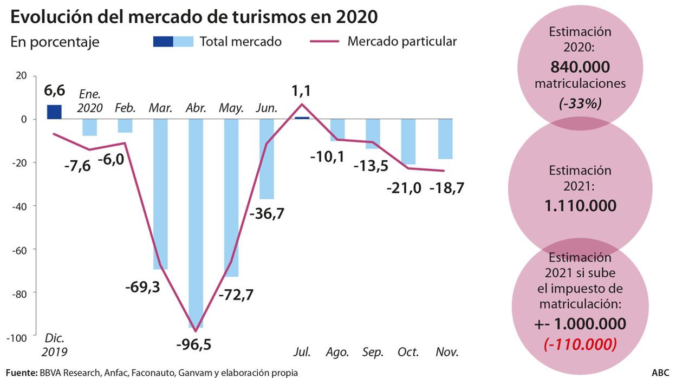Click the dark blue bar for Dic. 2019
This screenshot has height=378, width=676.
(x=54, y=112)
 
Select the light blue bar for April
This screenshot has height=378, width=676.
(x=196, y=222)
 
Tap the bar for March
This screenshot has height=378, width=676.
(x=160, y=194)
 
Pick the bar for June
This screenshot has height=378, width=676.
(x=266, y=159)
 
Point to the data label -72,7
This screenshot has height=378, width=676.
(x=236, y=295)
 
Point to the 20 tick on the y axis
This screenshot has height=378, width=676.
(x=21, y=76)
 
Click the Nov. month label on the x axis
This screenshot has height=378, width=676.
(x=447, y=352)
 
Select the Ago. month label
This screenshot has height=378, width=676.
(x=337, y=352)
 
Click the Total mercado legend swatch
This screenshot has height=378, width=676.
(x=173, y=41)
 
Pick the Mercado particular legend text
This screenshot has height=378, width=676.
(x=402, y=41)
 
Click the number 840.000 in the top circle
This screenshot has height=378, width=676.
(x=580, y=67)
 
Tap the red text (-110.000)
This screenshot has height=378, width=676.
(x=580, y=343)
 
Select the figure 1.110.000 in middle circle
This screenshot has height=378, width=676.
(x=580, y=206)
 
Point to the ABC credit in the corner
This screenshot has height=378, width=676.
(x=660, y=373)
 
